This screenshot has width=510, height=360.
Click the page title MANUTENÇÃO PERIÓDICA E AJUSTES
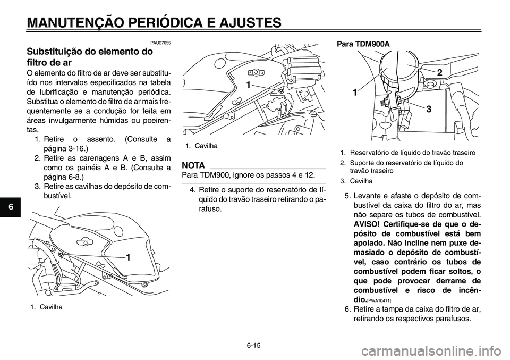pyautogui.click(x=154, y=22)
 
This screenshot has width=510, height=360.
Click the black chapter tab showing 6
pyautogui.click(x=6, y=206)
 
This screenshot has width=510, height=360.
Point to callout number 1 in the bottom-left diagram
pyautogui.click(x=129, y=257)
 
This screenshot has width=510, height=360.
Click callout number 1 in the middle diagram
pyautogui.click(x=248, y=85)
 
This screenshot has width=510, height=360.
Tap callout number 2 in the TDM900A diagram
pyautogui.click(x=440, y=72)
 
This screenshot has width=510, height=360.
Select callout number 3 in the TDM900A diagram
pyautogui.click(x=427, y=108)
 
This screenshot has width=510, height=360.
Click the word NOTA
pyautogui.click(x=194, y=165)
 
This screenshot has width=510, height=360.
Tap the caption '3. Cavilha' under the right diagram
pyautogui.click(x=356, y=181)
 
